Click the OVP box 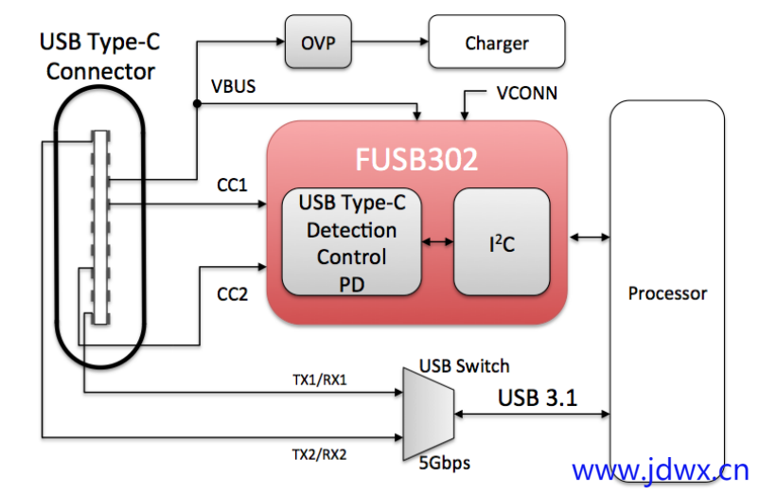pos(312,43)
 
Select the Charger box pos(496,44)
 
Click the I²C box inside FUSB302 pos(502,242)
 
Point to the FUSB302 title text pos(416,159)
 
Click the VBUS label pos(234,86)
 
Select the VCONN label pos(526,94)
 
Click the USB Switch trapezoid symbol pos(428,413)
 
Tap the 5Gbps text pos(444,463)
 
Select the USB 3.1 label pos(537,398)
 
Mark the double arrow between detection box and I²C pos(437,242)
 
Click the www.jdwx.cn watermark pos(660,470)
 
